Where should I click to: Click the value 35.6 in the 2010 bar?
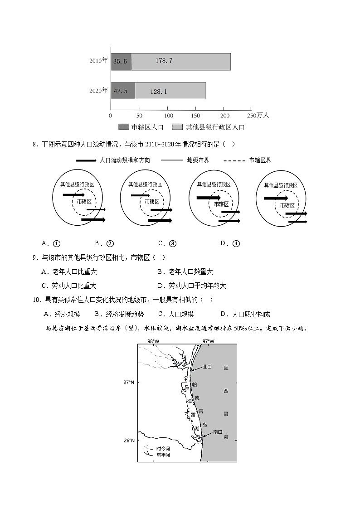120,61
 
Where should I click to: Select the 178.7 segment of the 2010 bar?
164,61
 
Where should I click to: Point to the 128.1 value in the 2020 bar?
159,92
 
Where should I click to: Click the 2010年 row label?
98,60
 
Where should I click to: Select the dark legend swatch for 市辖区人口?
124,127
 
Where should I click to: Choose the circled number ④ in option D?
236,243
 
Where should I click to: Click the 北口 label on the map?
207,367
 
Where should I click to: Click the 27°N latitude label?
129,383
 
